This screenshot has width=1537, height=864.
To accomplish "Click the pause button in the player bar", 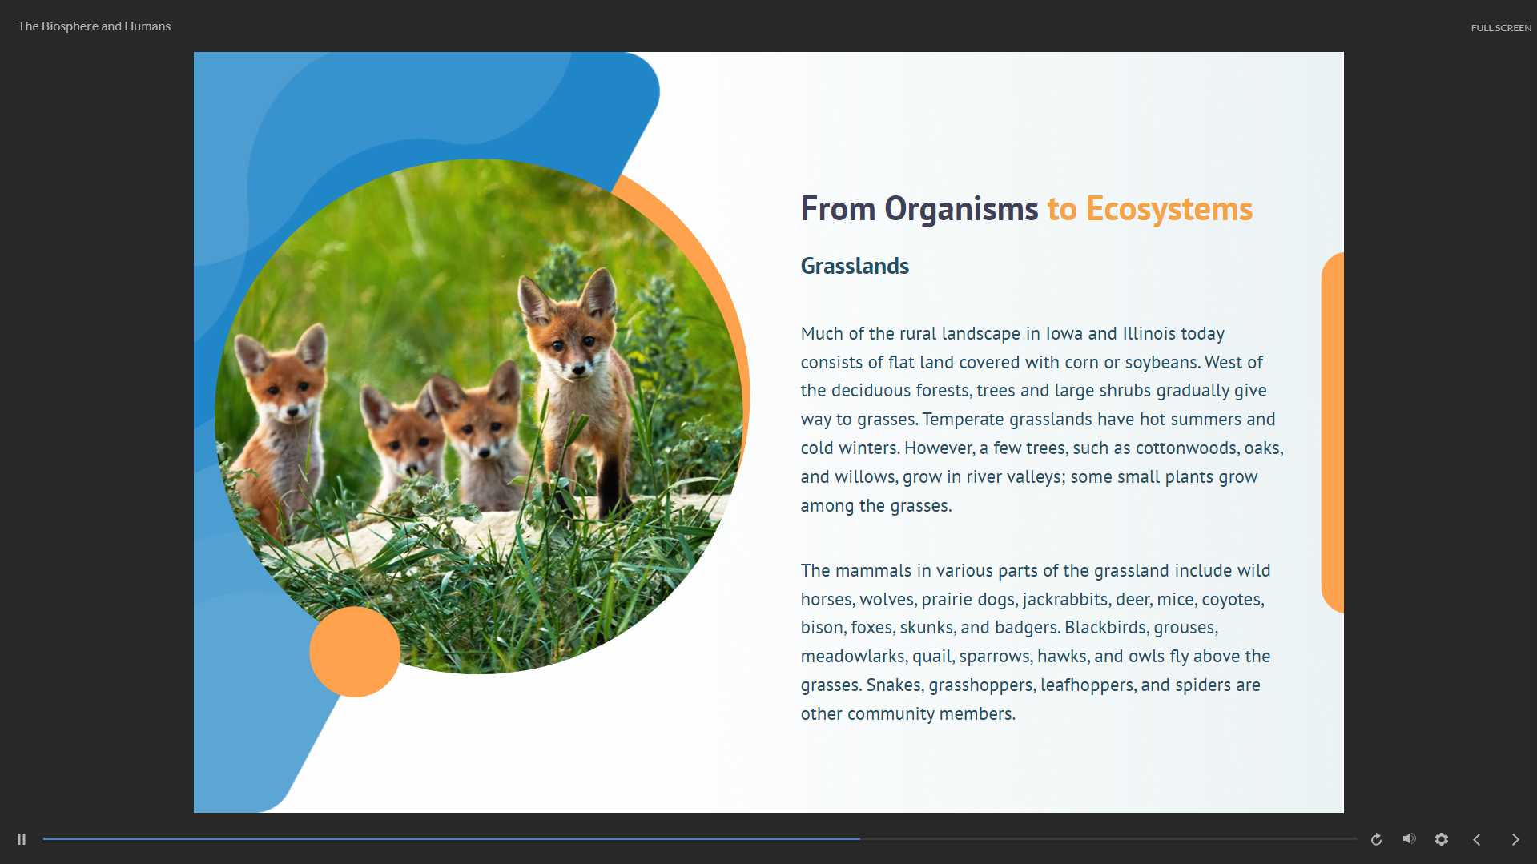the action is (22, 839).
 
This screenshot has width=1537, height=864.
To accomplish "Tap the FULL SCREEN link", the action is (1501, 28).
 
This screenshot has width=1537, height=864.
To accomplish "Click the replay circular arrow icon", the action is (1376, 839).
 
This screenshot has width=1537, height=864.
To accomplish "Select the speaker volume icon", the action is (1410, 838).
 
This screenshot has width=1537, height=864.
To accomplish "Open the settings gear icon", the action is (1442, 839).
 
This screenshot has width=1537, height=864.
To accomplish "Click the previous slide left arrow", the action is (1477, 839).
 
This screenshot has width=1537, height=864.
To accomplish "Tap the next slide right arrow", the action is (1515, 839).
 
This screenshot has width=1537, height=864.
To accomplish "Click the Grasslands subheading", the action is (855, 267).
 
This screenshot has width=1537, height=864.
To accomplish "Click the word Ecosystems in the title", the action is (1169, 209).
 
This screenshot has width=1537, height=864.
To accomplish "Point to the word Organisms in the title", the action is (961, 210).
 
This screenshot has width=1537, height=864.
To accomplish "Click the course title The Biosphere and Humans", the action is (95, 26).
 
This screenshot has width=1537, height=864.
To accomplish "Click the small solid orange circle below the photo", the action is (355, 652).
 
